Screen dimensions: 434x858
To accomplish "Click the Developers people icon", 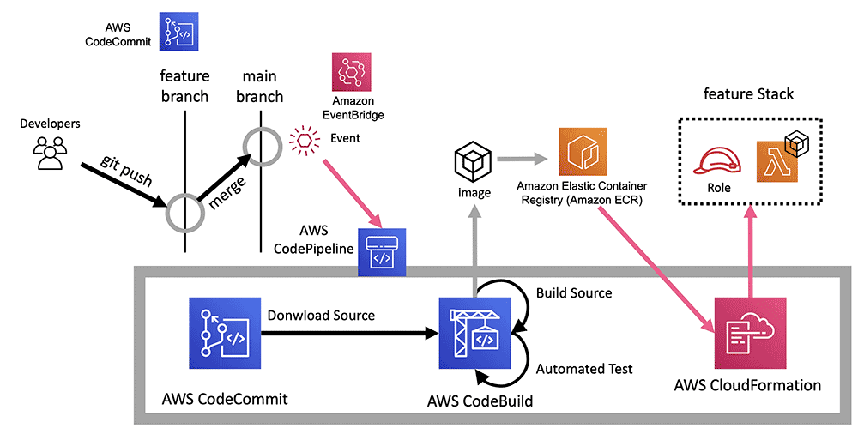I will coord(49,153).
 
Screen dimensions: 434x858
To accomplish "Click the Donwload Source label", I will coord(322,316).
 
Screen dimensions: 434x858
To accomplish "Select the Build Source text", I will coord(574,293).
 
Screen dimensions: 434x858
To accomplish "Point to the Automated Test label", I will coord(584,369).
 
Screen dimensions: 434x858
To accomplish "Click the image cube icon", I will coord(473,162).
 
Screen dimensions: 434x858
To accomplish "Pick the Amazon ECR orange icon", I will coord(583,153).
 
